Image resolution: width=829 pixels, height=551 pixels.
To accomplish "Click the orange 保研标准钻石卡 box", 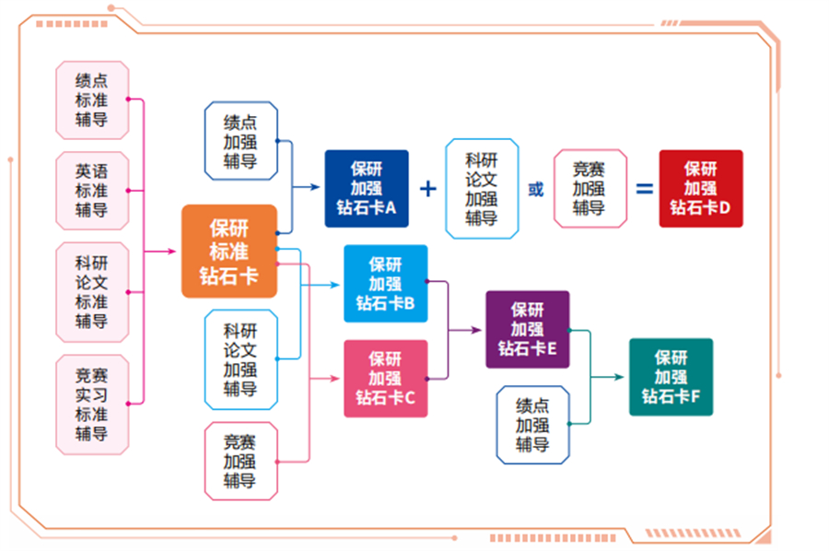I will (x=229, y=251).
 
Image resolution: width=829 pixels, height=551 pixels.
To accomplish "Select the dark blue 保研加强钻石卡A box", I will (x=366, y=189).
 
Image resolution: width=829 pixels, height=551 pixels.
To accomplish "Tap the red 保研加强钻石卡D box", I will (x=700, y=189).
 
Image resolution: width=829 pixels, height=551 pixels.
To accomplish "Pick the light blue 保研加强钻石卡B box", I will (x=385, y=284).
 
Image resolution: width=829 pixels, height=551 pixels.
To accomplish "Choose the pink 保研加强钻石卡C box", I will (x=385, y=379).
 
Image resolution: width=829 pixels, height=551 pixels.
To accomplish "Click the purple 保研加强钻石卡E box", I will (x=528, y=330).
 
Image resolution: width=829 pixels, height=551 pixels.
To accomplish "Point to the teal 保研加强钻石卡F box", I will (x=671, y=377).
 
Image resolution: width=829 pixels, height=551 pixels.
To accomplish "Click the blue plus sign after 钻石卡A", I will (x=428, y=189).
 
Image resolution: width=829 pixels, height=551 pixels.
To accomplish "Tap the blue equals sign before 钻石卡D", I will (x=645, y=189).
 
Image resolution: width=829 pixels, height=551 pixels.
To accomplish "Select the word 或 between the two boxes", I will (x=535, y=190).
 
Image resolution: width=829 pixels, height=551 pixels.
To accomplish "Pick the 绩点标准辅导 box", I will (x=92, y=100).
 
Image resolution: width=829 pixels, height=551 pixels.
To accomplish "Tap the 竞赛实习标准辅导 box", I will (x=92, y=404).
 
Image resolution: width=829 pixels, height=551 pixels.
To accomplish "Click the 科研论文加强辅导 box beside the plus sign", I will (x=482, y=189).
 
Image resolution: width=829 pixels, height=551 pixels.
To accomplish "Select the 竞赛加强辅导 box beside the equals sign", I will (x=590, y=189).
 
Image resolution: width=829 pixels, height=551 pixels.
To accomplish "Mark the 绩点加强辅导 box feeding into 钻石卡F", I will (x=532, y=425).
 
